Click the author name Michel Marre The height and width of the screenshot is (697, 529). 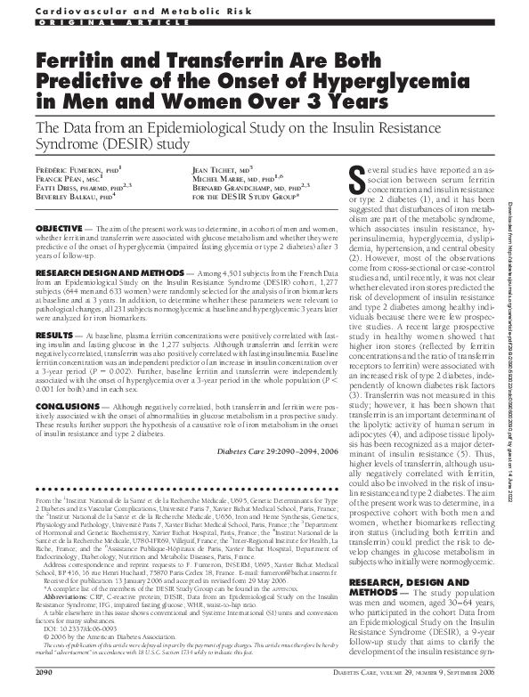(228, 179)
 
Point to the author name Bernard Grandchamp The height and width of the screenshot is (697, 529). (244, 189)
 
